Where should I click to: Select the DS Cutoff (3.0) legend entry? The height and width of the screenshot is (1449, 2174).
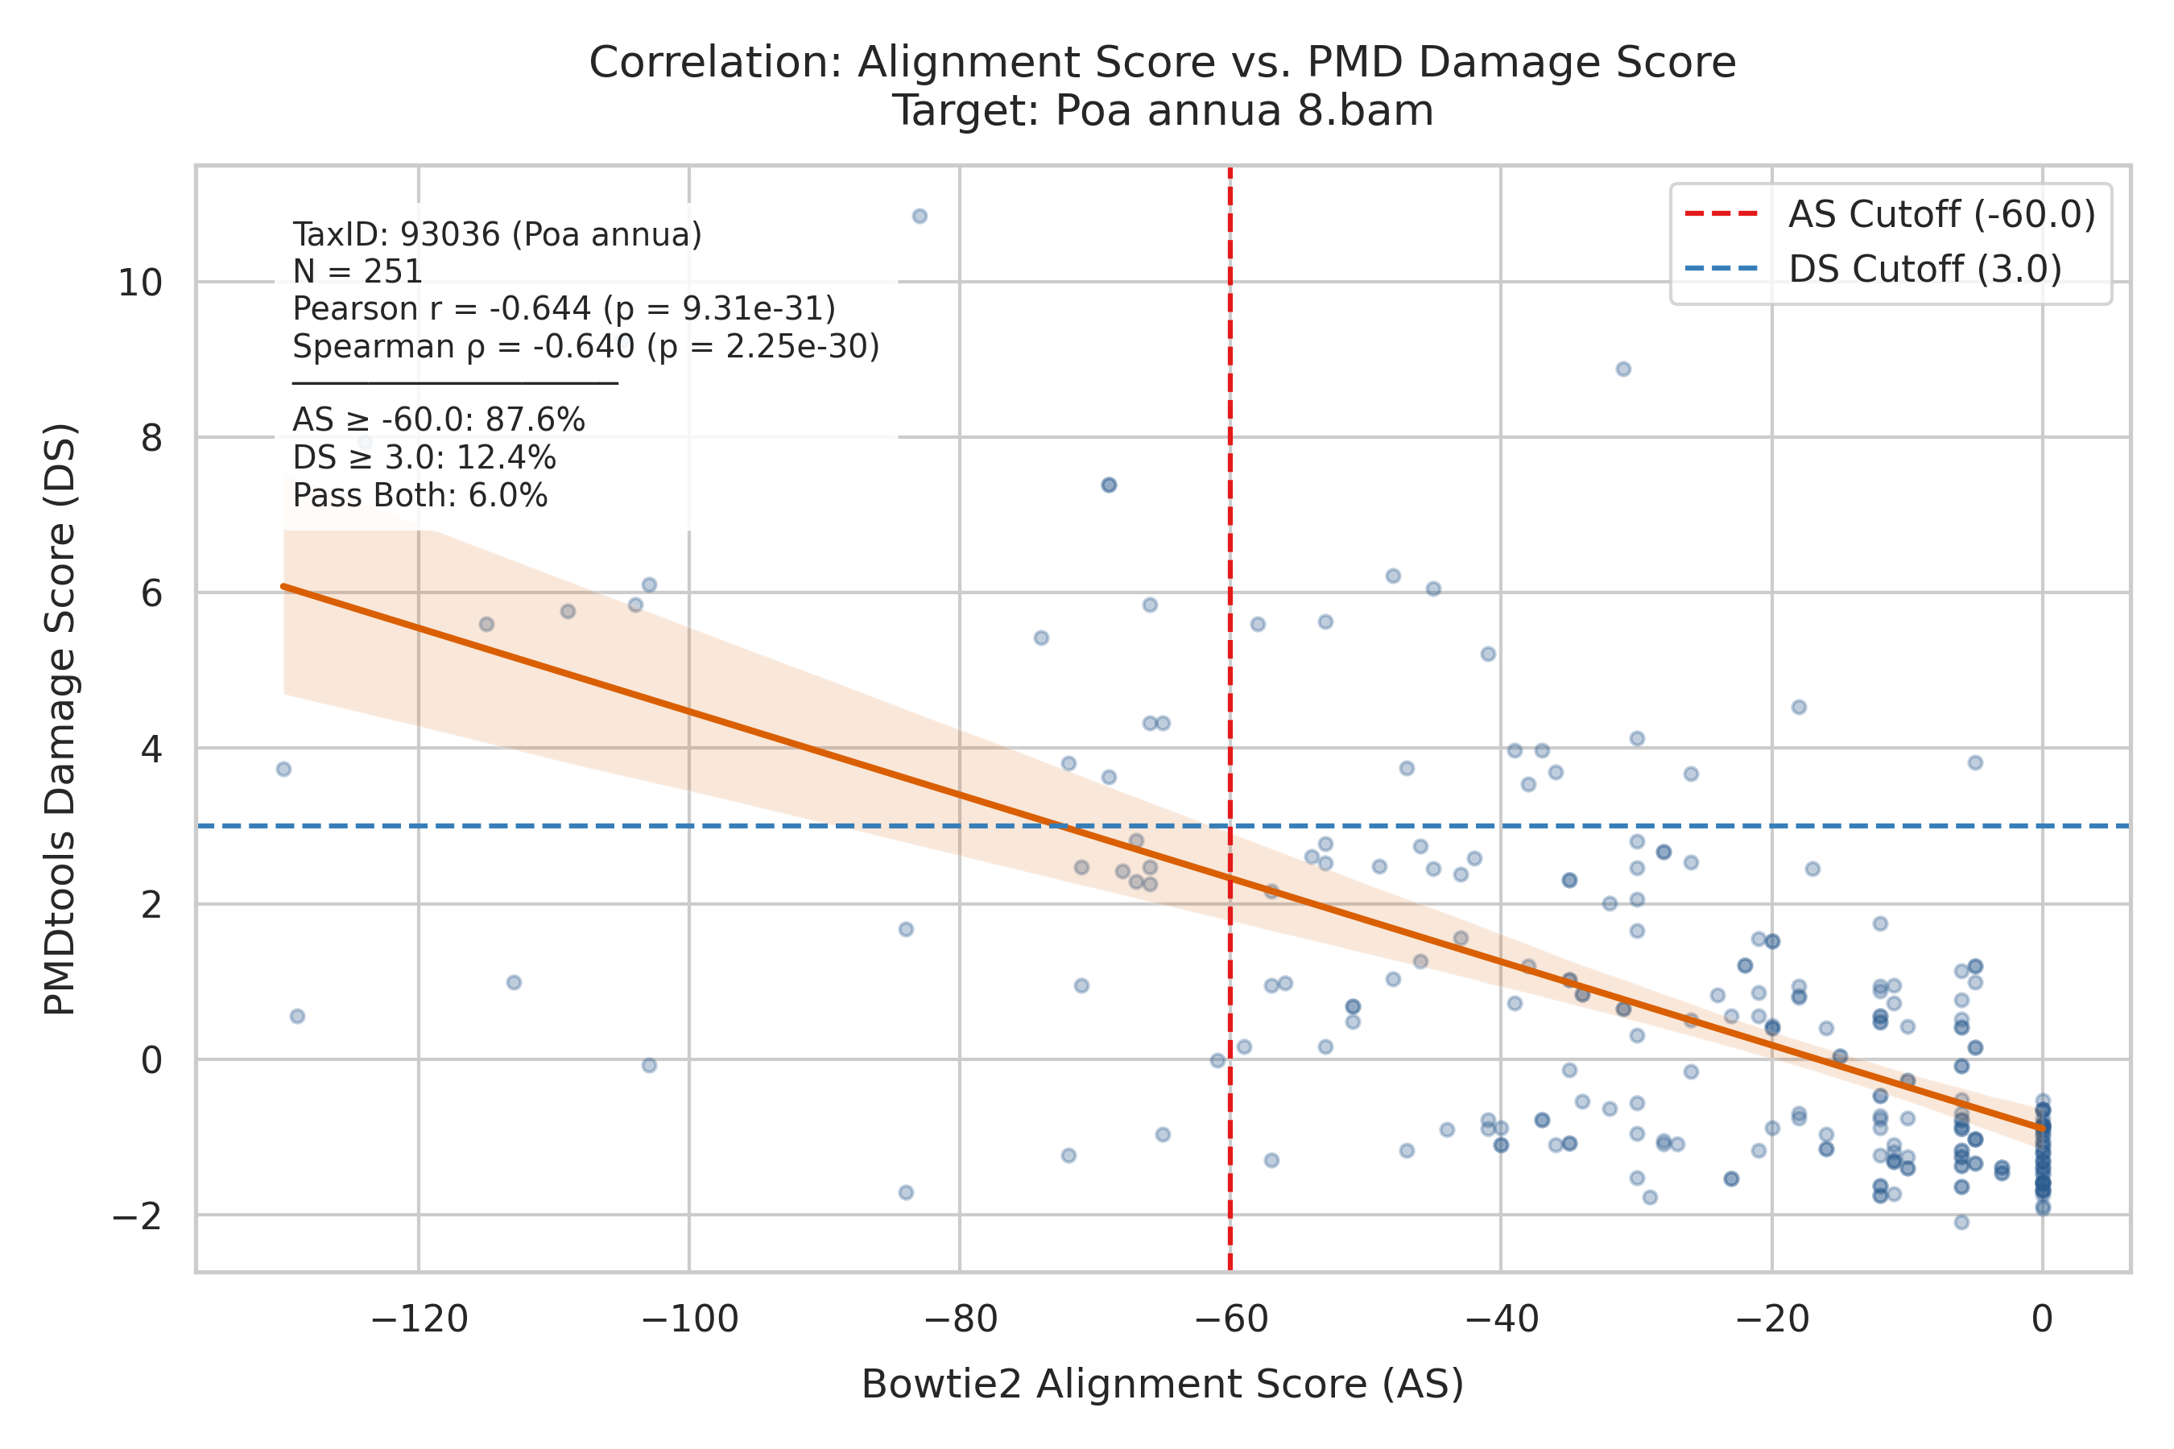click(1874, 269)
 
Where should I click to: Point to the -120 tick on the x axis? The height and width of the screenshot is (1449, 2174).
click(419, 1319)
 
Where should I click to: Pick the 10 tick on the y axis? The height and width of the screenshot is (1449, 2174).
click(139, 283)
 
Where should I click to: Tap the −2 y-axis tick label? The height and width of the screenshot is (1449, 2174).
click(137, 1216)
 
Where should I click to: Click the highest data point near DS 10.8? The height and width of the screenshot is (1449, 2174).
click(920, 217)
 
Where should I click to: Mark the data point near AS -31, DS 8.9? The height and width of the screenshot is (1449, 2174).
click(1623, 369)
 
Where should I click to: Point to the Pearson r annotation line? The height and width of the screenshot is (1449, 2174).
click(564, 308)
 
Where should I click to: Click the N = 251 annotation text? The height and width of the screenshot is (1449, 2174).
click(358, 272)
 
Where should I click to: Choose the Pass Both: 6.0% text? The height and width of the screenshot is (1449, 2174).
click(420, 496)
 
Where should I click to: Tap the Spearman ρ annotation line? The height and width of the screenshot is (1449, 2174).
click(586, 346)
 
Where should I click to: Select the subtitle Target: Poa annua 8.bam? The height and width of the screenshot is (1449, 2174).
click(1163, 111)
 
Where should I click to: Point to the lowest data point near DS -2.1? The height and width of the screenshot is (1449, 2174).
click(1961, 1222)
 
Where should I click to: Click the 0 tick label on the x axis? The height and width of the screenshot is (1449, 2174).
click(2043, 1319)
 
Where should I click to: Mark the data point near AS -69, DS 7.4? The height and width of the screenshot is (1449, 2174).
click(1110, 485)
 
